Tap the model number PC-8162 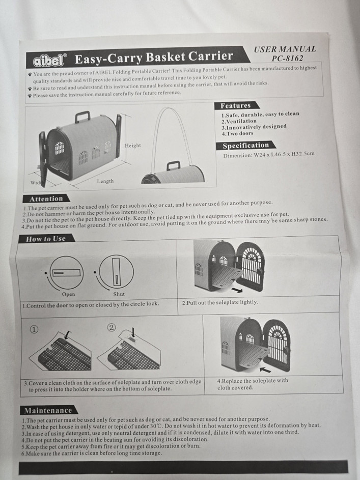click(287, 58)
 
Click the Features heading click(235, 105)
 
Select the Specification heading click(245, 146)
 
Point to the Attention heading click(46, 199)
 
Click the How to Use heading click(46, 239)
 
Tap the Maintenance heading click(48, 410)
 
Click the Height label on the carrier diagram click(133, 146)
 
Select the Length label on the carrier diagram click(105, 181)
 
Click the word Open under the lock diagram click(68, 295)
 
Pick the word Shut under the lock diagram click(119, 294)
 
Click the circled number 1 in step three click(34, 329)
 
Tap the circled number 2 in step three click(112, 328)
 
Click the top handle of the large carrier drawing click(82, 117)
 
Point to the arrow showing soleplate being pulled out click(237, 290)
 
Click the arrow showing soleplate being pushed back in click(265, 370)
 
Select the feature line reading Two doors click(238, 133)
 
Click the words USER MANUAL click(285, 49)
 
